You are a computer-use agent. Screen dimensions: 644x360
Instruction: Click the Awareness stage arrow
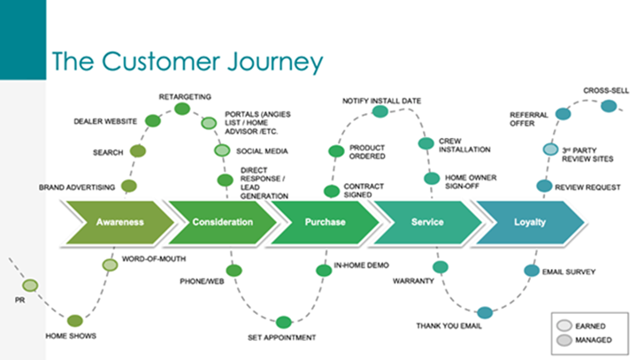pos(120,223)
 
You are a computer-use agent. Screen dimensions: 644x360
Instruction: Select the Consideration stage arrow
pos(223,223)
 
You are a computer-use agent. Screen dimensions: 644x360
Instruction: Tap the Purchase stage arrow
pos(325,223)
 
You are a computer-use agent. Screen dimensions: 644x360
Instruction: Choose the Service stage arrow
pos(427,223)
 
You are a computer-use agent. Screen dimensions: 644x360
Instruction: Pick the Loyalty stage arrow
pos(530,223)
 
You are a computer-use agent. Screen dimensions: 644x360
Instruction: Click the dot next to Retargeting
pos(182,109)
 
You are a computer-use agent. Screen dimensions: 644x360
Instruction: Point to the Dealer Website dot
pos(153,120)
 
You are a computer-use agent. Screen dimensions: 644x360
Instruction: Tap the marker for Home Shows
pos(74,320)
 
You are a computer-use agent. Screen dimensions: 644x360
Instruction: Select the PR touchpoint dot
pos(30,286)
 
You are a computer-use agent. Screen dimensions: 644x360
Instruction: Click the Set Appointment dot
pos(283,322)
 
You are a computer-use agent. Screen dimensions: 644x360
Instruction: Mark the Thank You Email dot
pos(485,313)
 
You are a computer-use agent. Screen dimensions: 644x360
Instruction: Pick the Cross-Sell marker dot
pos(609,106)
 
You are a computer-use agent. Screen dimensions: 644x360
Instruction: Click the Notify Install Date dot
pos(379,111)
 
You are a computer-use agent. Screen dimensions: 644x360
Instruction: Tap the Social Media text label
pos(262,151)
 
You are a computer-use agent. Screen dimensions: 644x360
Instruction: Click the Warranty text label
pos(413,281)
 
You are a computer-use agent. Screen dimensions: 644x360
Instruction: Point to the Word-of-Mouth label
pos(154,259)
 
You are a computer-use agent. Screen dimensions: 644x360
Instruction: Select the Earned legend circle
pos(564,326)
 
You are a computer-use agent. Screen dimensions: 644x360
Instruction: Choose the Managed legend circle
pos(564,341)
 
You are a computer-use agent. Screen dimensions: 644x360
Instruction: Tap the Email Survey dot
pos(532,271)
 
